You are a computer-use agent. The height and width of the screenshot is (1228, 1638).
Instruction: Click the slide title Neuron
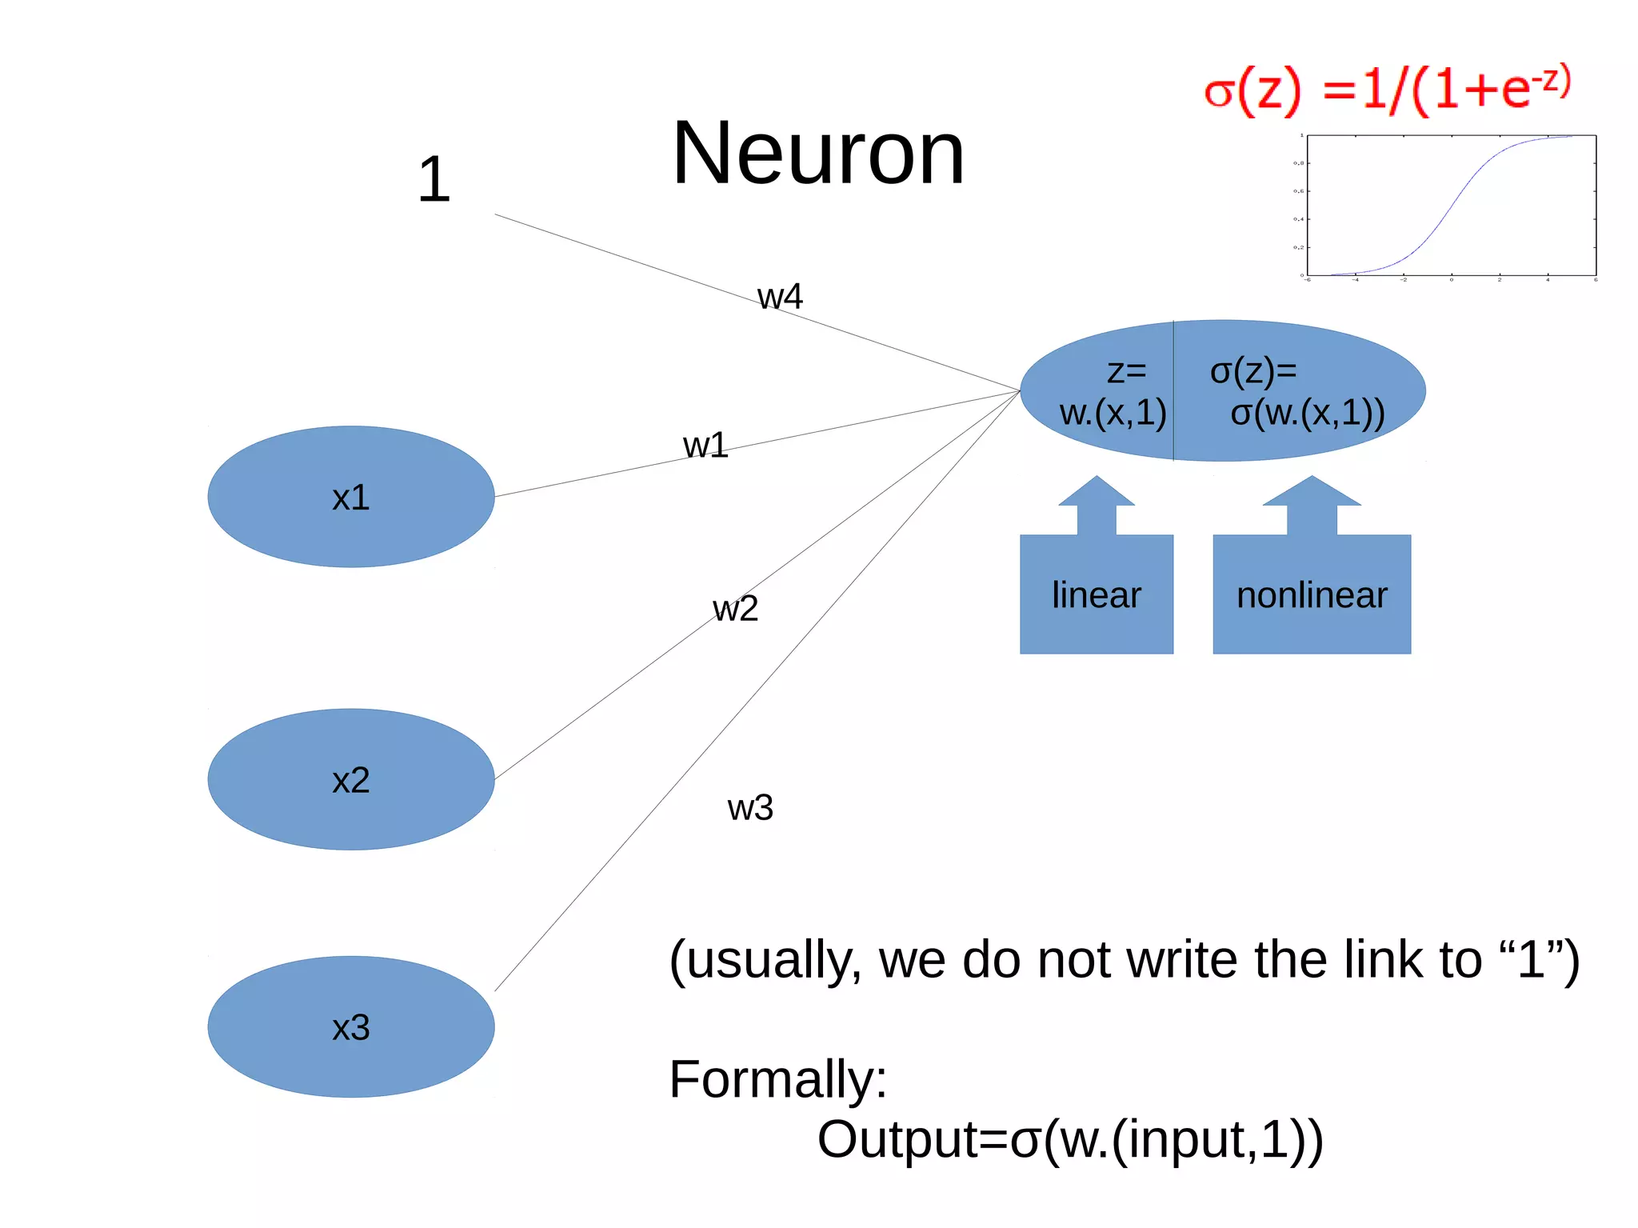coord(818,153)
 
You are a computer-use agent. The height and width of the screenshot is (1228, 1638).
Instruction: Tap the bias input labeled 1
coord(434,180)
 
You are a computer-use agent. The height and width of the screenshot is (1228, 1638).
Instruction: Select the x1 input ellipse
coord(350,497)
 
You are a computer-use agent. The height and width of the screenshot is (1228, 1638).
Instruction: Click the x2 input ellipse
coord(350,779)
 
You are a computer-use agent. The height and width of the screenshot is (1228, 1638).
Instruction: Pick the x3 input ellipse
coord(350,1027)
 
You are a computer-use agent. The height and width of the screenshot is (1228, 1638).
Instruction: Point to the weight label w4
coord(780,297)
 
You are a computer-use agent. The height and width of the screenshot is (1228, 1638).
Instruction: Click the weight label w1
coord(705,446)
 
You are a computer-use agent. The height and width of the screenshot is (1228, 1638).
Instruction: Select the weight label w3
coord(750,808)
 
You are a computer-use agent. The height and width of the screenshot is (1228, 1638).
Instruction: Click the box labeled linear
coord(1096,595)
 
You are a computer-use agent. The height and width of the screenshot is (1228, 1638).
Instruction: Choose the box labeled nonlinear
coord(1312,595)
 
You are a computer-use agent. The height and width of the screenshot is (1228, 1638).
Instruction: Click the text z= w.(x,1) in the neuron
coord(1113,392)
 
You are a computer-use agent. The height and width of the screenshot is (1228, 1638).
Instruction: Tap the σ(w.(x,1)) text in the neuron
coord(1307,413)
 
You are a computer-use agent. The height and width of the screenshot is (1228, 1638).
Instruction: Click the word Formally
coord(777,1079)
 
